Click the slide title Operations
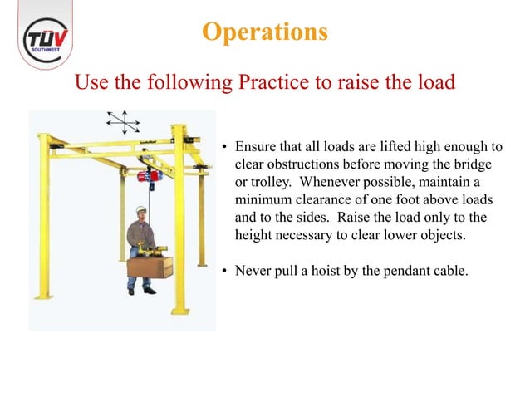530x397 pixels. click(264, 32)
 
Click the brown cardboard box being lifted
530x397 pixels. click(150, 267)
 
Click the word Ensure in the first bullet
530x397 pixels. click(257, 149)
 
